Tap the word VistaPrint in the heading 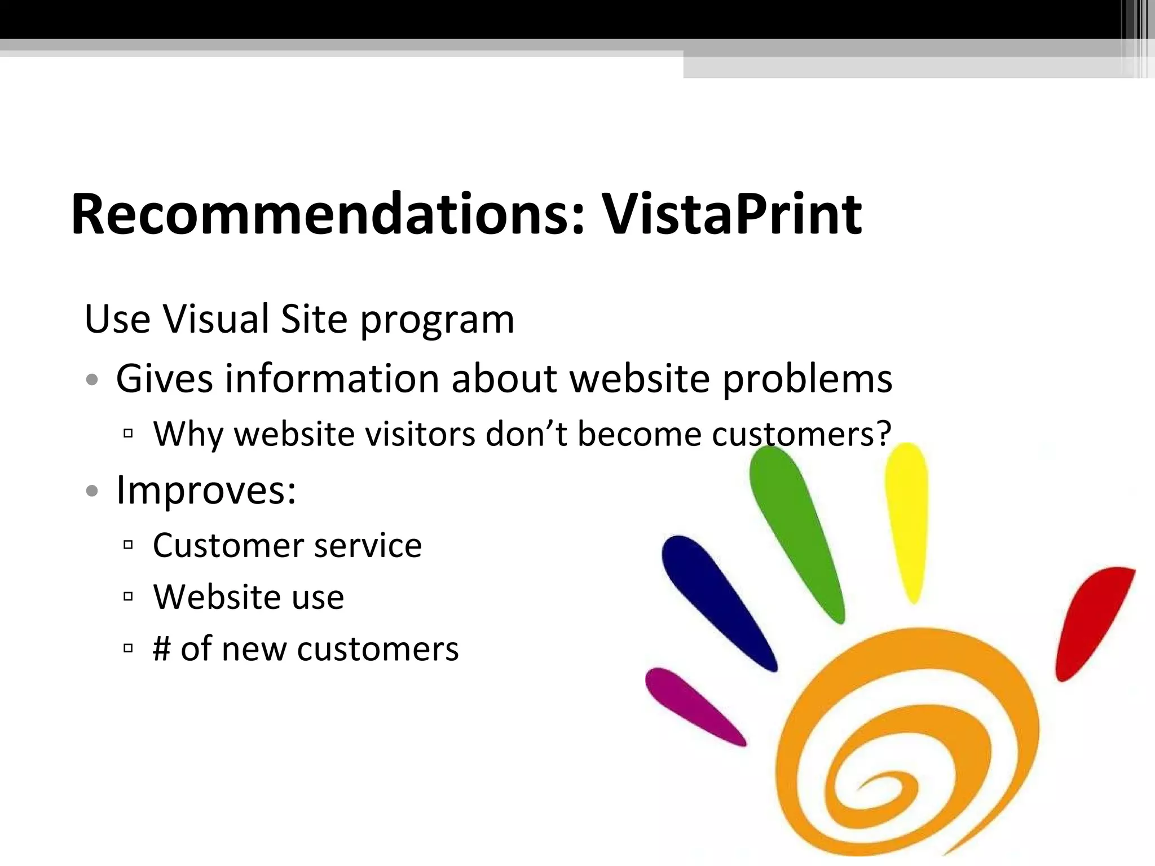coord(731,214)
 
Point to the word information coord(332,378)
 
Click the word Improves coord(205,491)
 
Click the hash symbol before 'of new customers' coord(161,648)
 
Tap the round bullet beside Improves coord(92,491)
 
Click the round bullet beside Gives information coord(92,379)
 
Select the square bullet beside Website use coord(128,597)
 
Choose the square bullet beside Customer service coord(128,545)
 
